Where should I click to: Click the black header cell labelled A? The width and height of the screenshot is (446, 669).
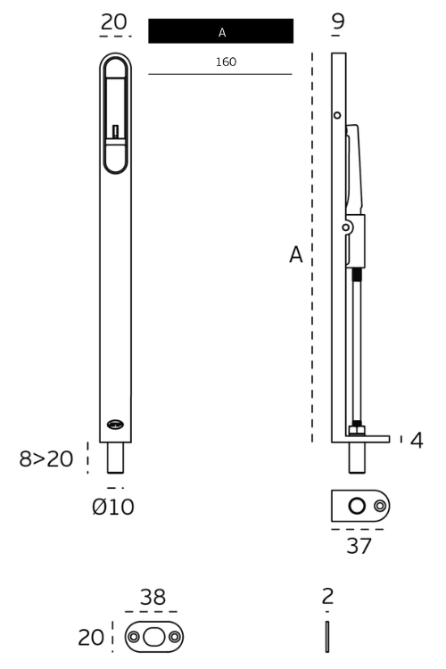(220, 31)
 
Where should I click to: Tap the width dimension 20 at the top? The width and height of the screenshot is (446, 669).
(114, 21)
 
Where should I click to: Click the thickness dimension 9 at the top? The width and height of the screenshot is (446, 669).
(338, 21)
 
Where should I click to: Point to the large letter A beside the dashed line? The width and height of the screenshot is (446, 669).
(296, 255)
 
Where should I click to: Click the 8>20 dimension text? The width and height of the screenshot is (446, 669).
(45, 459)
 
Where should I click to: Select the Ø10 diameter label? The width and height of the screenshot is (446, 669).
(113, 508)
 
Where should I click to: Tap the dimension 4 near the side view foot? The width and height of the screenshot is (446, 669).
(417, 440)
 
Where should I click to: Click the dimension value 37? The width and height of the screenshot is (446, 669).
(359, 546)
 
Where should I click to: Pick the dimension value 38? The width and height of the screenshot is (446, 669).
(152, 597)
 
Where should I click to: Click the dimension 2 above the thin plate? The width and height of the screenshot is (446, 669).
(328, 597)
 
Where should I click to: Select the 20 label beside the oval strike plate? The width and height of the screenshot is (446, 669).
(92, 637)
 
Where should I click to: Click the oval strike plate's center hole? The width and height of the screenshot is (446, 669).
(154, 637)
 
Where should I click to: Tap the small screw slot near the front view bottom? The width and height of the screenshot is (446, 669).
(115, 425)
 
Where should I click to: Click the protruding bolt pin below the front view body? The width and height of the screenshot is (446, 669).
(115, 458)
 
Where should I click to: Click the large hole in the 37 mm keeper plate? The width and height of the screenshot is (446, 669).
(358, 506)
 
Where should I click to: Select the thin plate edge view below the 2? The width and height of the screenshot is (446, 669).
(328, 638)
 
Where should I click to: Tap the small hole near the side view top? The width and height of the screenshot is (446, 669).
(337, 115)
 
